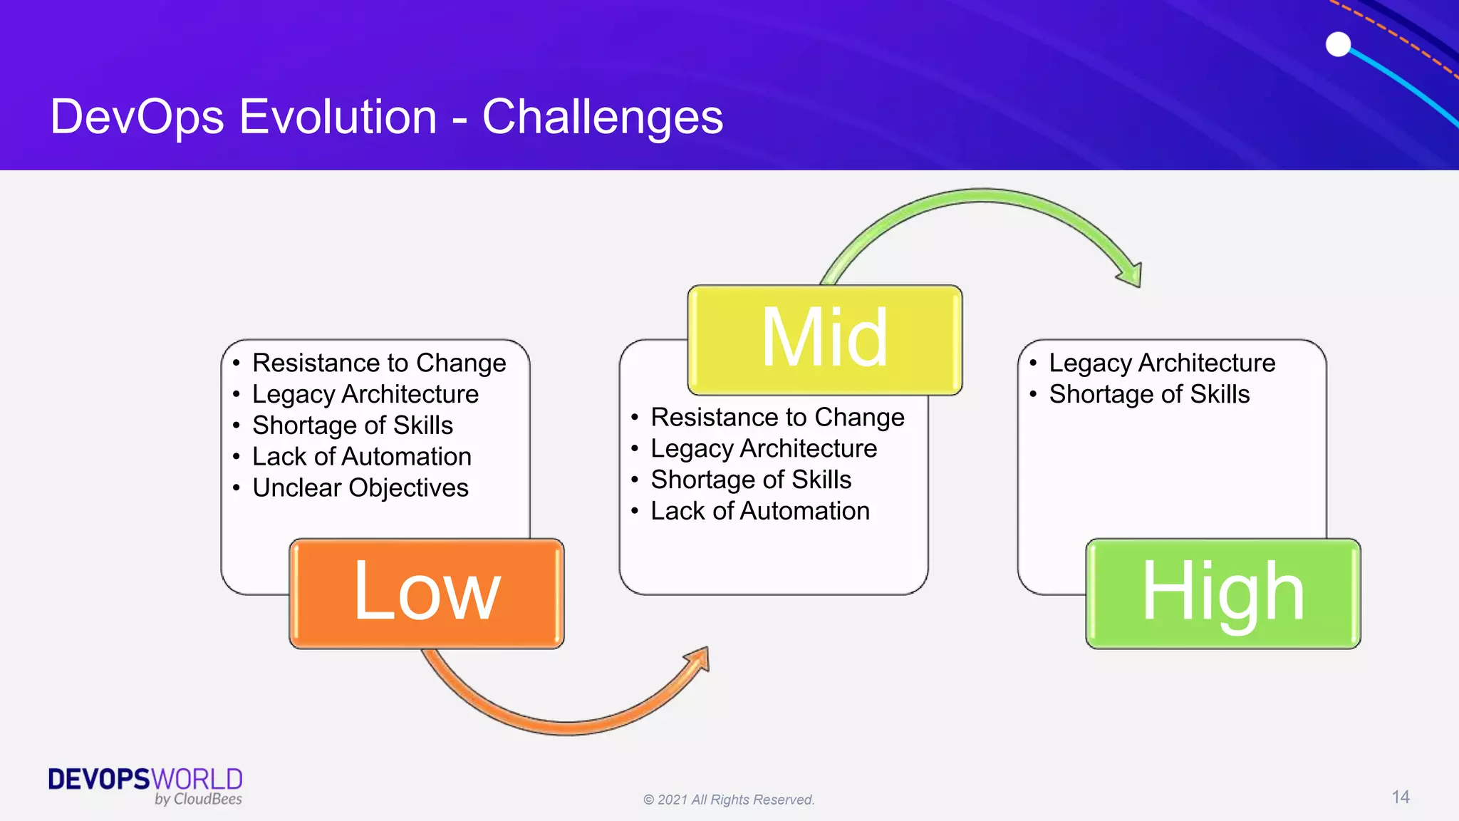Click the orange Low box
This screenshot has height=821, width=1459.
coord(426,593)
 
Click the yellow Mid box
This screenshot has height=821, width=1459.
coord(824,340)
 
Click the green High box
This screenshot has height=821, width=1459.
coord(1222,593)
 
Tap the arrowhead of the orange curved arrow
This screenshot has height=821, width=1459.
coord(699,660)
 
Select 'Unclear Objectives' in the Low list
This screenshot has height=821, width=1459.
coord(360,488)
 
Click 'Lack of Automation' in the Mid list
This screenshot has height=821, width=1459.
coord(759,511)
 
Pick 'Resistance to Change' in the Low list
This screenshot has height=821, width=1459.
coord(378,363)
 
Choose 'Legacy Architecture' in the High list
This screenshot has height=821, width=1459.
coord(1161,363)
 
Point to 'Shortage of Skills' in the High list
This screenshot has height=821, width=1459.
coord(1148,395)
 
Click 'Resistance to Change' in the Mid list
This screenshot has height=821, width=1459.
coord(777,418)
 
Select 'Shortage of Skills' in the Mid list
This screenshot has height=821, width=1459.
coord(750,480)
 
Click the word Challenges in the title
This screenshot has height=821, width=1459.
coord(603,118)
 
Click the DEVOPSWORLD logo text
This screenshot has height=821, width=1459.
coord(145,779)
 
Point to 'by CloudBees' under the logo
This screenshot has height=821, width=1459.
coord(198,800)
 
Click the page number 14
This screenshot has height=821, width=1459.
coord(1401,797)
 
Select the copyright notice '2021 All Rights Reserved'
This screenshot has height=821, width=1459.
coord(729,800)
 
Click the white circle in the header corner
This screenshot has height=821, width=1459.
coord(1338,44)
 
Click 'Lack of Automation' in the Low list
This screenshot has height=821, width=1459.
coord(361,457)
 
